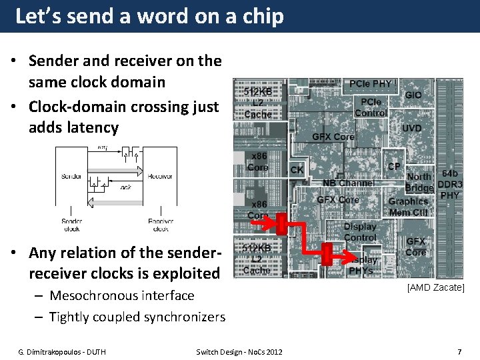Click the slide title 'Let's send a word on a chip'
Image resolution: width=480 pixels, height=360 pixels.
pyautogui.click(x=149, y=16)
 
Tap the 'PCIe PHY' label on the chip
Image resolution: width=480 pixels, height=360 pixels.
pyautogui.click(x=371, y=84)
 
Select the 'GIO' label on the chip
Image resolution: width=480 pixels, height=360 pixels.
pyautogui.click(x=413, y=95)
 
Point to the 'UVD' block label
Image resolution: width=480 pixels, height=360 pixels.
pyautogui.click(x=411, y=128)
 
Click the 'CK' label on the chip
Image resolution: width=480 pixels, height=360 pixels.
pyautogui.click(x=297, y=170)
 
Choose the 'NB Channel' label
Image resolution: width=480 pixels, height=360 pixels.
pyautogui.click(x=348, y=183)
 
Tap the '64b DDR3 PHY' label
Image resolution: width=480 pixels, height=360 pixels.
pyautogui.click(x=449, y=184)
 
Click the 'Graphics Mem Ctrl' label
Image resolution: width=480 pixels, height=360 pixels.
pyautogui.click(x=408, y=207)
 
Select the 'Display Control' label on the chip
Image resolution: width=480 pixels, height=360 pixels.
pyautogui.click(x=360, y=231)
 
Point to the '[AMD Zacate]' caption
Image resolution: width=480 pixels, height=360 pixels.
pyautogui.click(x=436, y=287)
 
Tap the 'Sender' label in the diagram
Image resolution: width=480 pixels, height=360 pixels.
pyautogui.click(x=71, y=176)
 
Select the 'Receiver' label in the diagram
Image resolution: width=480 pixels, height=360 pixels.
pyautogui.click(x=160, y=176)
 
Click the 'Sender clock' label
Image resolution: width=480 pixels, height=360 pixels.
pyautogui.click(x=71, y=225)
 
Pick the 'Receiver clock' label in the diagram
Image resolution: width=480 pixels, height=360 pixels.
pyautogui.click(x=161, y=225)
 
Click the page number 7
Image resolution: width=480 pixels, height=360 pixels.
pyautogui.click(x=459, y=351)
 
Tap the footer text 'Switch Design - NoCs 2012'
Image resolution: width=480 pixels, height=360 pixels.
pyautogui.click(x=239, y=351)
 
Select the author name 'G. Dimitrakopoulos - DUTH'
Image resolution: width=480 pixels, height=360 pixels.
pyautogui.click(x=62, y=351)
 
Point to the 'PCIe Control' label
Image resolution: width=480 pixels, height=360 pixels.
pyautogui.click(x=371, y=107)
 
